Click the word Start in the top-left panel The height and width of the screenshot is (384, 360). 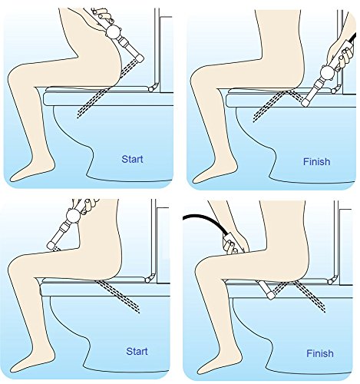(x=132, y=159)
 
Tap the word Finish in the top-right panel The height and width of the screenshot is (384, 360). (x=316, y=161)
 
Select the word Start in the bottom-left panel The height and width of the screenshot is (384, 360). (x=137, y=351)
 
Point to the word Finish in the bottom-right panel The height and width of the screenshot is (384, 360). (x=320, y=353)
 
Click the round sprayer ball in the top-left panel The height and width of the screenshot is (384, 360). (x=113, y=31)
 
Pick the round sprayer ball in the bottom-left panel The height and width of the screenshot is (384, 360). (x=74, y=215)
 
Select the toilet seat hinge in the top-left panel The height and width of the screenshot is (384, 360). (x=152, y=88)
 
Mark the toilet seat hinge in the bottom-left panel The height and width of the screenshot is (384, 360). (x=148, y=280)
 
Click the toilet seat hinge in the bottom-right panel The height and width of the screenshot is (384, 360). (x=332, y=281)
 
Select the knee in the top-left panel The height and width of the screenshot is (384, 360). (x=17, y=77)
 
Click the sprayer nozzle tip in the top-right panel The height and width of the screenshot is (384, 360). (x=306, y=103)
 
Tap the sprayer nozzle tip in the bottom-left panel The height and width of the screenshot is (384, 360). (x=51, y=245)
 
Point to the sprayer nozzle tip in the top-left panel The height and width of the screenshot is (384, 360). (x=140, y=58)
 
